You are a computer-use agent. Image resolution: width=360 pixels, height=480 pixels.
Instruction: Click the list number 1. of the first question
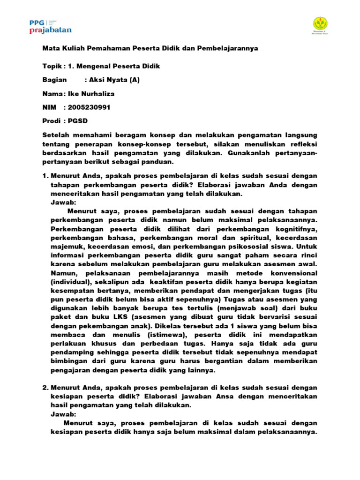pos(45,175)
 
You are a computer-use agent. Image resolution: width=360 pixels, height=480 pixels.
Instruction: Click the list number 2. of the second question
pos(45,388)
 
